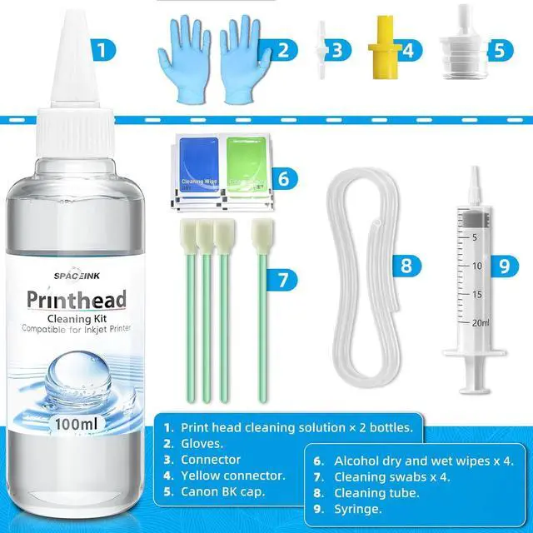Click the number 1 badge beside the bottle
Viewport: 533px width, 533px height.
point(100,49)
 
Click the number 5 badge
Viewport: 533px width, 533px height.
point(499,49)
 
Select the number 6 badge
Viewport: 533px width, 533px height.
point(283,178)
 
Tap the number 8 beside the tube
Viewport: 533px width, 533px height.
point(406,266)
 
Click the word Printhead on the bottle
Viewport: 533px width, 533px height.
point(75,298)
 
